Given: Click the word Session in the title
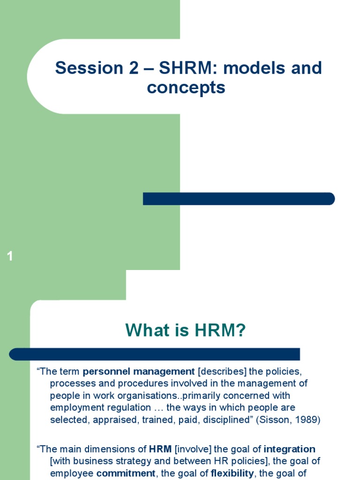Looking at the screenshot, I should coord(82,68).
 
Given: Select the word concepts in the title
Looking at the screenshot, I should coord(186,88).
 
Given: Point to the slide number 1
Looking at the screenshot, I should coord(10,256).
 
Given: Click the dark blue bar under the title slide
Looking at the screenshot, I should coord(239,199).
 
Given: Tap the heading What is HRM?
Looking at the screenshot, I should coord(186,331).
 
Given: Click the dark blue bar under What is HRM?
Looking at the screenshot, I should coord(155,354).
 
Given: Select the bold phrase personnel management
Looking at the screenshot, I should coord(139,372).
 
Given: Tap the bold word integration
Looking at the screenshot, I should coord(290,449).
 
